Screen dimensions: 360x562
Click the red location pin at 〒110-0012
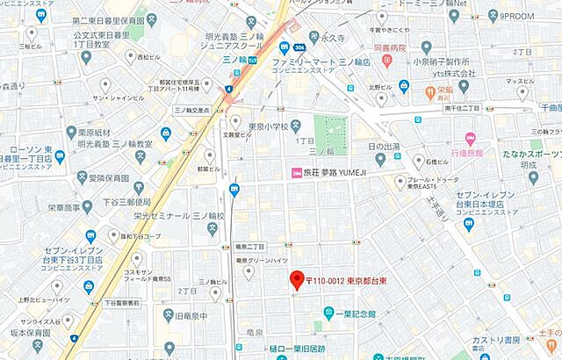pos(296,279)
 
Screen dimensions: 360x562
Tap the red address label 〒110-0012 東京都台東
pos(348,281)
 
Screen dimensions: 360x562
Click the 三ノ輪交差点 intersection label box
pos(192,110)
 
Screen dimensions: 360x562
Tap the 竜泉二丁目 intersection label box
pos(249,247)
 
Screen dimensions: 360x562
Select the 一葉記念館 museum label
pos(355,313)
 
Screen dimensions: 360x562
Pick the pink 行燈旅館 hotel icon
pos(470,140)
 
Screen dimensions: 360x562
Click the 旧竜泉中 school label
pos(191,315)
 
